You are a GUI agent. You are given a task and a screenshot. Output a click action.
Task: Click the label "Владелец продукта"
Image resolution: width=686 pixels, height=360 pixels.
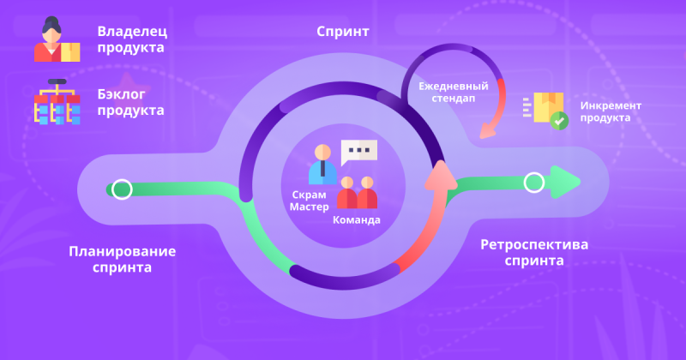click(x=132, y=39)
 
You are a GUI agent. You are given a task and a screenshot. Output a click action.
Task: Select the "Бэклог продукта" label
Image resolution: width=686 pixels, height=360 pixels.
click(x=131, y=102)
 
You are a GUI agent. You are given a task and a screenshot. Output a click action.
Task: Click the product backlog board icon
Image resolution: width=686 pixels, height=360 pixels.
click(x=57, y=101)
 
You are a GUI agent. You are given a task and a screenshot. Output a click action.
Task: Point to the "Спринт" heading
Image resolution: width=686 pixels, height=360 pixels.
click(x=343, y=32)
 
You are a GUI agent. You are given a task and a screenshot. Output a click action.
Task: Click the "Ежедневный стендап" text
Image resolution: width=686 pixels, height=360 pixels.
click(x=454, y=92)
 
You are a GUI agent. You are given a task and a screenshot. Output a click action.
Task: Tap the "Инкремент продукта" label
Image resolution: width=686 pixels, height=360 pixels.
click(x=611, y=111)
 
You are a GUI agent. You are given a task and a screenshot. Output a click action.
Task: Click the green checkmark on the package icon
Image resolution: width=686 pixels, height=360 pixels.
click(x=559, y=121)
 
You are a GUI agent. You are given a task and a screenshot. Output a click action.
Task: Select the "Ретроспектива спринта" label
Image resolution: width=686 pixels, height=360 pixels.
click(x=534, y=252)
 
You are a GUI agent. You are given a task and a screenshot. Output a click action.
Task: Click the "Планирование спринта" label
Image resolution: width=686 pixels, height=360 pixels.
click(x=123, y=259)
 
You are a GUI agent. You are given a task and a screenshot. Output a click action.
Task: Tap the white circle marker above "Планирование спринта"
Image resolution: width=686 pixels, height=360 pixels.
click(x=122, y=189)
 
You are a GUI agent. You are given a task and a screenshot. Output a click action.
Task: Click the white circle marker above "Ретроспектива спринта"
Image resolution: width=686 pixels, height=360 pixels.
click(x=533, y=183)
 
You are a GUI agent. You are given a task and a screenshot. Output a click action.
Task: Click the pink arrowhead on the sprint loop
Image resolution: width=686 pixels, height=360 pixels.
click(x=441, y=176)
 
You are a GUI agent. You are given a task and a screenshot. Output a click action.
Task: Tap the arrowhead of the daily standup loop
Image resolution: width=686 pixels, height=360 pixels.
click(x=488, y=131)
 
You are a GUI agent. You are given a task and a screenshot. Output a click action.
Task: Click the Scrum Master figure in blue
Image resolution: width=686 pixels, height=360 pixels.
click(x=323, y=165)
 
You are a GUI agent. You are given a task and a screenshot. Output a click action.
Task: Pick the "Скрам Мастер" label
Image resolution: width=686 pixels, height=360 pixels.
click(x=309, y=201)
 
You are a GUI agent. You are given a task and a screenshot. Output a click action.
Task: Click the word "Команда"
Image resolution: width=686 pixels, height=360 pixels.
click(x=357, y=220)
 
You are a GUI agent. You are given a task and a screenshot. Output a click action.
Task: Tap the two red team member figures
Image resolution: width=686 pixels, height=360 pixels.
click(x=357, y=193)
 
